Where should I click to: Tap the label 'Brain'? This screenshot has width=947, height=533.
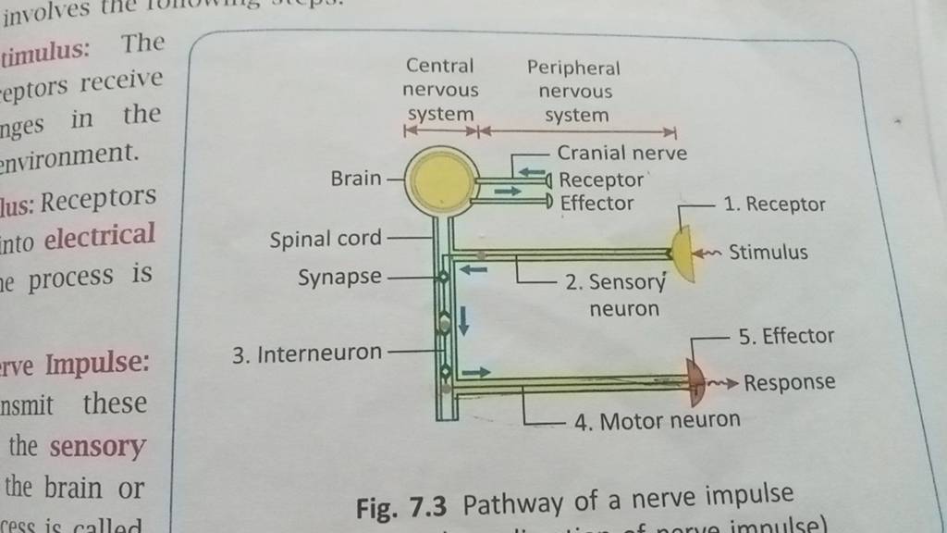(353, 179)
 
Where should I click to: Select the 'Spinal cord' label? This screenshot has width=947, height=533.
(325, 240)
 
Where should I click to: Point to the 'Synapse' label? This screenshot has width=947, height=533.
(337, 278)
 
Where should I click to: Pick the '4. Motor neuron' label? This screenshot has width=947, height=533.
(657, 422)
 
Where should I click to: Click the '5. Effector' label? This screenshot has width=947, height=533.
(787, 337)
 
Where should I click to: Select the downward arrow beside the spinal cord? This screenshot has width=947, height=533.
(464, 318)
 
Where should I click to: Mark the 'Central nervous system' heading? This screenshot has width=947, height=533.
(442, 90)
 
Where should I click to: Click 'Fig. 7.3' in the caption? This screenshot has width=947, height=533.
(406, 506)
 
